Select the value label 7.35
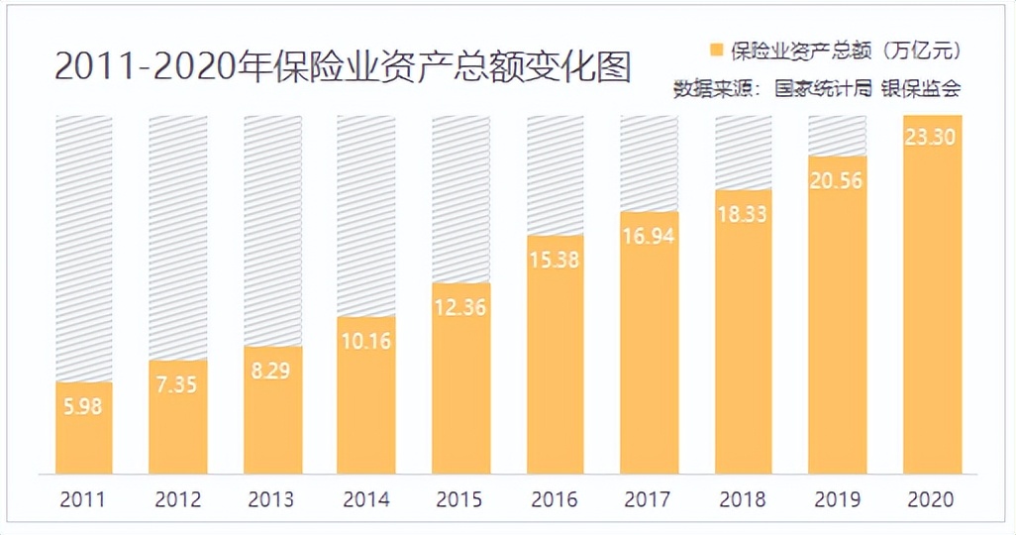coord(178,383)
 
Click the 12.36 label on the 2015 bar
coord(460,308)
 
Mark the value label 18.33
coord(743,213)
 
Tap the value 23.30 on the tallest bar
coord(931,138)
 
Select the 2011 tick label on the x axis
coord(83,499)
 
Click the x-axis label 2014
coord(366,499)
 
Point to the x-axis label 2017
coord(649,499)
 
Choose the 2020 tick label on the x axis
coord(931,499)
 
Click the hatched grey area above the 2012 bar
coord(178,238)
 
